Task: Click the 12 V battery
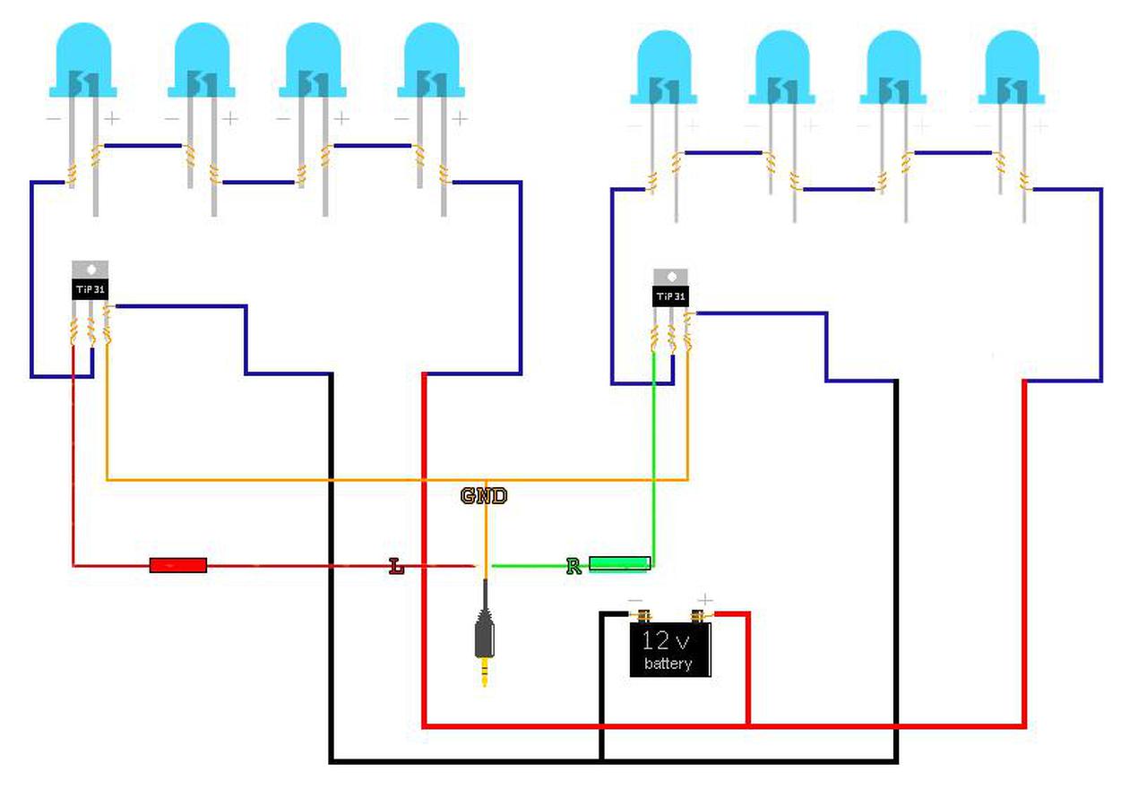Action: (669, 649)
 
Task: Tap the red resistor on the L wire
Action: (177, 565)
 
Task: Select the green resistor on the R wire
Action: (619, 563)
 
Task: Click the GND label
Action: (484, 496)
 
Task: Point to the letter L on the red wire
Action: (396, 566)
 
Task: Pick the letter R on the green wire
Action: (573, 566)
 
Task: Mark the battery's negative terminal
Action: (642, 615)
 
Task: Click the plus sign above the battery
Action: (705, 599)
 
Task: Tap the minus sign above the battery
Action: (634, 599)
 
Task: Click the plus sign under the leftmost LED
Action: (112, 117)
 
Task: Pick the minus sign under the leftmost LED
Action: (54, 117)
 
